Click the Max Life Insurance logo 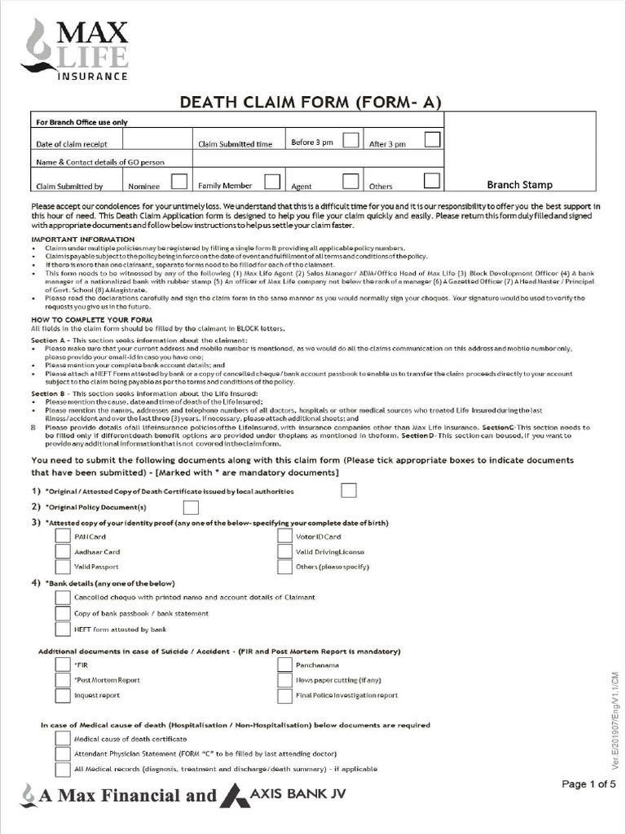[77, 49]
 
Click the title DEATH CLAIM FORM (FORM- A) [311, 102]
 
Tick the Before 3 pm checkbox [350, 140]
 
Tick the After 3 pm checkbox [432, 140]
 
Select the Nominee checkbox [179, 181]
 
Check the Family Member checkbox [272, 181]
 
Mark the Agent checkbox [350, 181]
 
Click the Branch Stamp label [519, 185]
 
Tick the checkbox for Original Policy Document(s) [191, 507]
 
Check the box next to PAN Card [63, 536]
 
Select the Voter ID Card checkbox [284, 536]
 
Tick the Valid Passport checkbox [63, 566]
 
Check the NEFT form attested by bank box [63, 629]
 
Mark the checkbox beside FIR [63, 664]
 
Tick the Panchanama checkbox [284, 664]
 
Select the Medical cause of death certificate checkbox [63, 738]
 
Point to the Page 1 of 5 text [589, 784]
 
